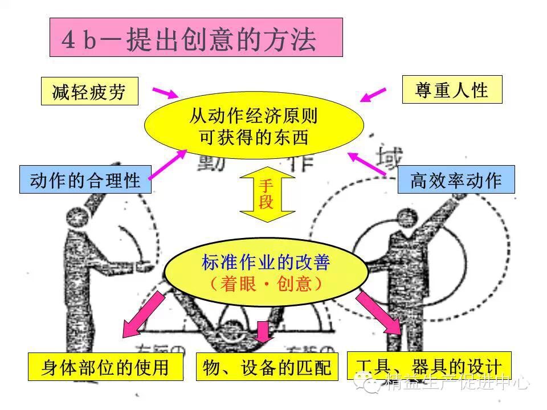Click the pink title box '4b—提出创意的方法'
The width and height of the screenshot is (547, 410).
(x=196, y=38)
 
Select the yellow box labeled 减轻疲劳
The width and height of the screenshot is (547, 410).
(x=89, y=91)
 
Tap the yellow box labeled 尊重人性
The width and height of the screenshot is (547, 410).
(x=452, y=89)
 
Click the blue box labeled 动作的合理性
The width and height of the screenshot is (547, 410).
(x=85, y=180)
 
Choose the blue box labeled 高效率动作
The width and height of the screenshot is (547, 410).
(x=456, y=179)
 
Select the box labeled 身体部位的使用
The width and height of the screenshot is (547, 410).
(x=105, y=367)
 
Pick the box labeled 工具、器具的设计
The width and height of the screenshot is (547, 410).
(x=428, y=366)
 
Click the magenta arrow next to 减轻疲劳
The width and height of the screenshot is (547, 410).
(x=165, y=92)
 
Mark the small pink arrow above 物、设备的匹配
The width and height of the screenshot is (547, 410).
(x=263, y=331)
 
